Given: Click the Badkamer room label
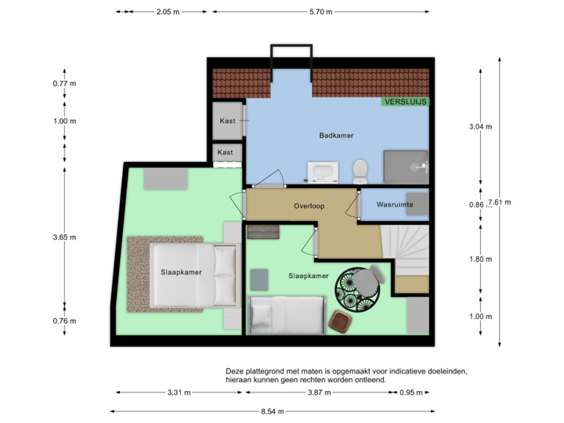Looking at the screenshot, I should [336, 136].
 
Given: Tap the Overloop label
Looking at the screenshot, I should [309, 207].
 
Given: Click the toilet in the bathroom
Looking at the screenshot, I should [360, 169].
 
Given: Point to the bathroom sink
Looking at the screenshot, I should [322, 172].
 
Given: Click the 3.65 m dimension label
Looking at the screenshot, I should [63, 237].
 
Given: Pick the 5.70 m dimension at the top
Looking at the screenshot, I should [321, 12].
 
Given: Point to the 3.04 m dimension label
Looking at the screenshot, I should [480, 126].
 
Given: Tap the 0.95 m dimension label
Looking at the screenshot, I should [410, 392].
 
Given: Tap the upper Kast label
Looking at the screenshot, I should [227, 121].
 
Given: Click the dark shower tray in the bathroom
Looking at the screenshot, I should [405, 165].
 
